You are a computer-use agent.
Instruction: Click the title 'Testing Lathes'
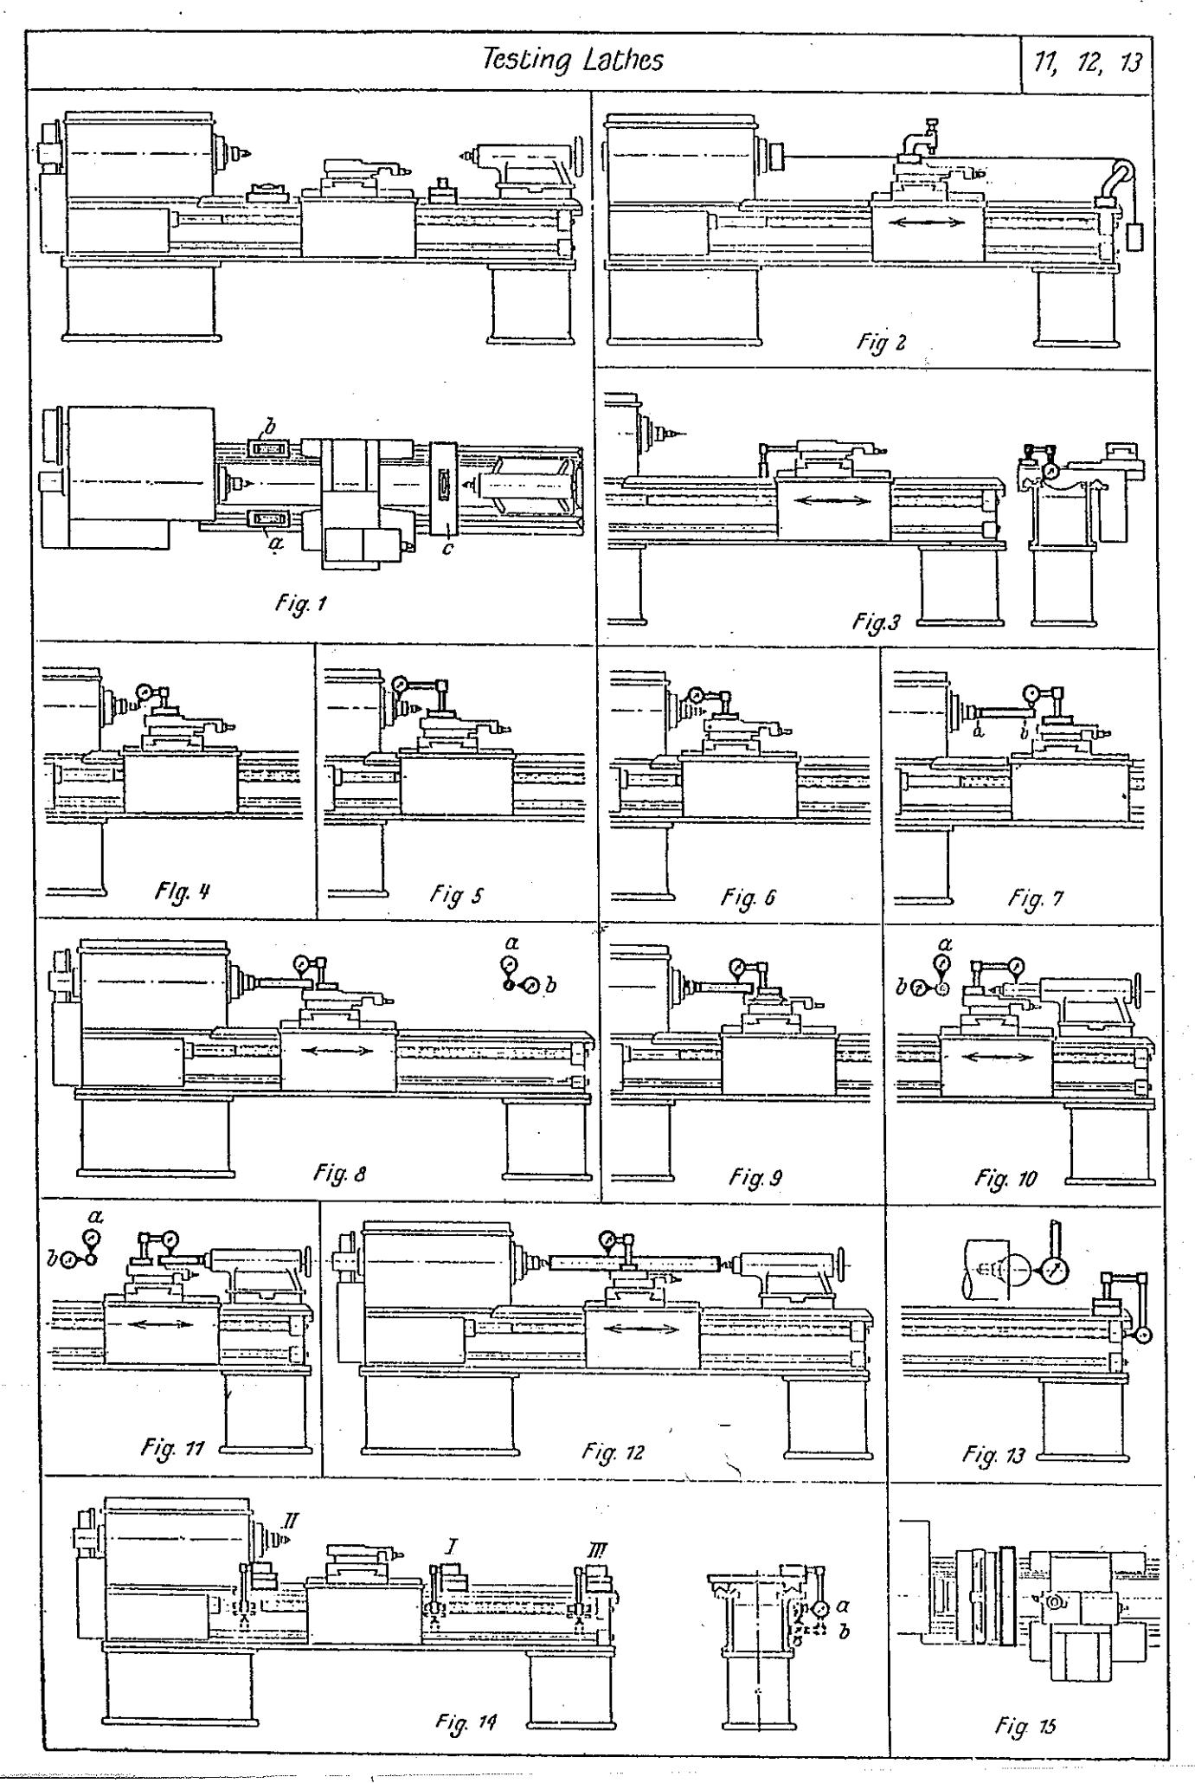click(572, 60)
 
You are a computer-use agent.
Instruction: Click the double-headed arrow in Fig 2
click(927, 222)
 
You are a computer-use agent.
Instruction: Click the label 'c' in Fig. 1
click(447, 548)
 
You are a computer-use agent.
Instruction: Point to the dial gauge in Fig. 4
click(144, 692)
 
